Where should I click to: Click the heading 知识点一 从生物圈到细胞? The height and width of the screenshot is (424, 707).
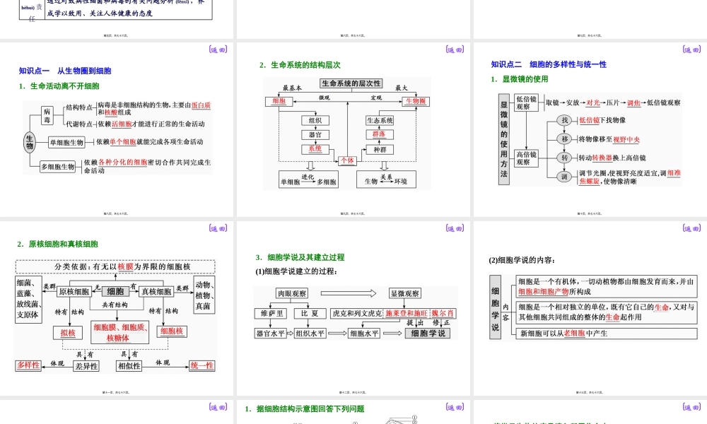point(65,71)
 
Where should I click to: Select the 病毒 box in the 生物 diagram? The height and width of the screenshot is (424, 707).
point(47,116)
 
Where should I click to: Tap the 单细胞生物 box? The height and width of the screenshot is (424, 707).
point(67,142)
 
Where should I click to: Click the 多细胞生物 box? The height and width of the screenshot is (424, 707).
point(58,167)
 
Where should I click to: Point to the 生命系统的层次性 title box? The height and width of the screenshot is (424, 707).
point(351,83)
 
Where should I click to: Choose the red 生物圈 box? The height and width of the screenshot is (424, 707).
point(416,101)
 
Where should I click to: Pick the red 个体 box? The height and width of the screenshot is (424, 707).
point(347,160)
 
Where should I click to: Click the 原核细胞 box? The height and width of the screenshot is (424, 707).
point(74,292)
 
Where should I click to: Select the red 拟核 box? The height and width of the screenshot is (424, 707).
point(68,331)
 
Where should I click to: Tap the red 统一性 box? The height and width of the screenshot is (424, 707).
point(202,365)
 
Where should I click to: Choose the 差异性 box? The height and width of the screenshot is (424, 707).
point(86,366)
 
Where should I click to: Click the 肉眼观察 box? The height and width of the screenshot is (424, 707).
point(291,293)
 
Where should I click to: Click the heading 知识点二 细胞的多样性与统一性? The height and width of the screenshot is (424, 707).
point(549,64)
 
